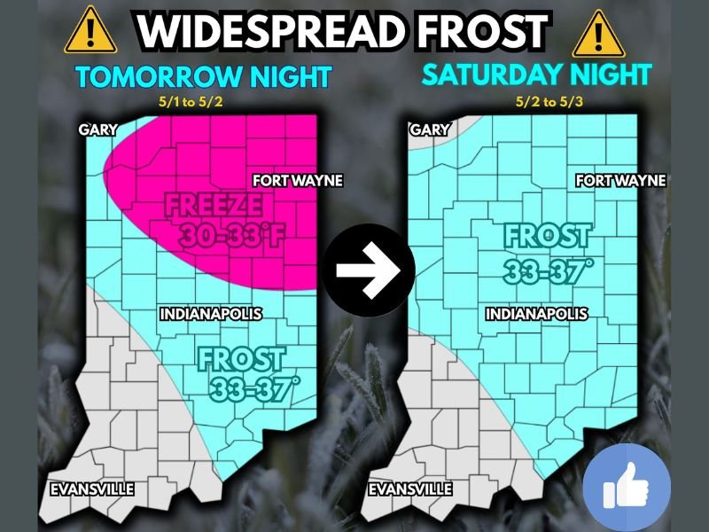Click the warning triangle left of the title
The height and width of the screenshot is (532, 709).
click(89, 30)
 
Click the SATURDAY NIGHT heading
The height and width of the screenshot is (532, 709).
click(536, 74)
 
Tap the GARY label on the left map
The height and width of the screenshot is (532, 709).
click(97, 129)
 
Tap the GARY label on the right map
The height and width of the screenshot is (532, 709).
click(428, 129)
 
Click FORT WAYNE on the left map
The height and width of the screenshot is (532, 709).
click(297, 181)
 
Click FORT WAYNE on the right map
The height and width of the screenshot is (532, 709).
click(620, 181)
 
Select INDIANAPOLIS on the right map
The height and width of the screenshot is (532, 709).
click(536, 314)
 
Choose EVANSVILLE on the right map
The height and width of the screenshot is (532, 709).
click(409, 489)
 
